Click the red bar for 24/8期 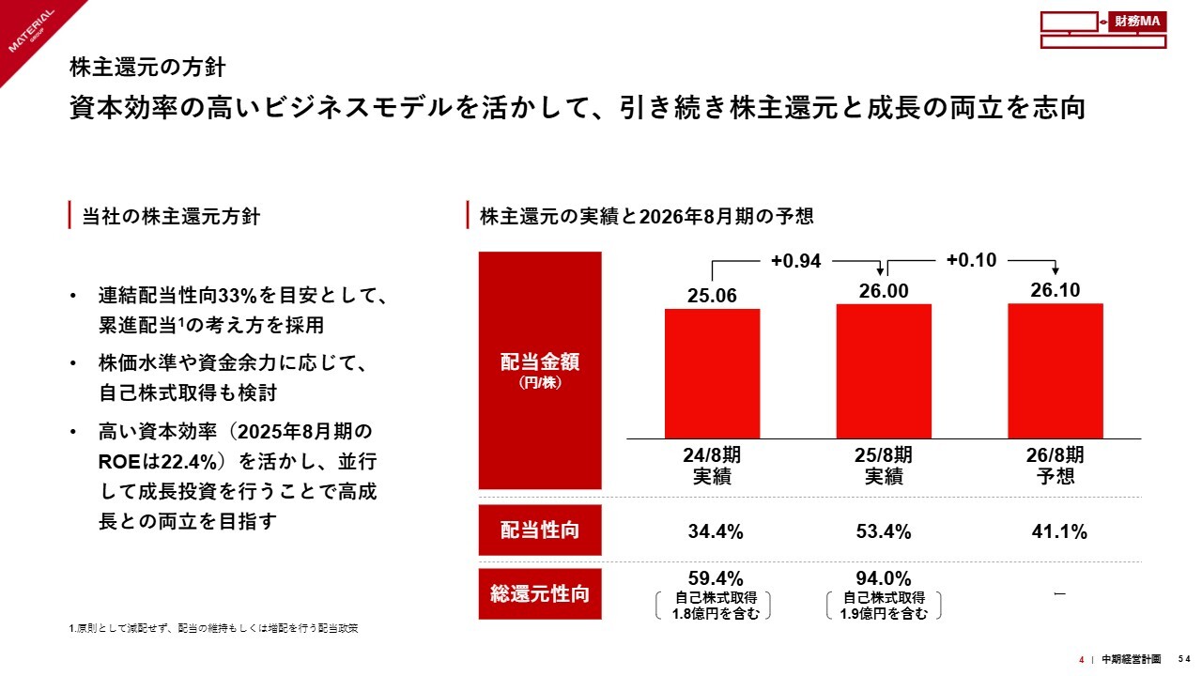[712, 373]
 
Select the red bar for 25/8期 [884, 371]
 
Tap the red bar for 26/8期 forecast [1055, 370]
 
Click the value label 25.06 [712, 296]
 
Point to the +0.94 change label [795, 261]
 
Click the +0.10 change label [971, 260]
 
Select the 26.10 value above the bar [1055, 290]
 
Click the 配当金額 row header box [540, 370]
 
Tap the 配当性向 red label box [540, 531]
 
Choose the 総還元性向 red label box [540, 594]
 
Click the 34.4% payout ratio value [716, 532]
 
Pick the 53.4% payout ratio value [884, 532]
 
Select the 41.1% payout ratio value [1059, 532]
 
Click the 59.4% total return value [716, 577]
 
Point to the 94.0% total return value [884, 577]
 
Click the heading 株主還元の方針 [147, 68]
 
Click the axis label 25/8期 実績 [884, 466]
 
